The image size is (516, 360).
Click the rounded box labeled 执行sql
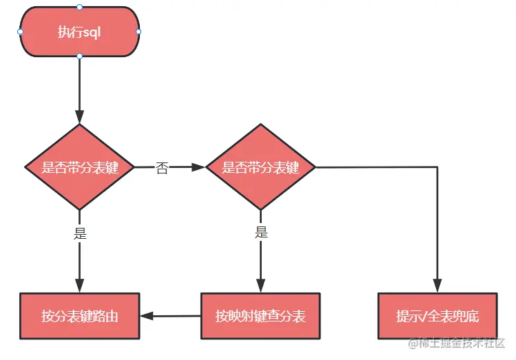(79, 32)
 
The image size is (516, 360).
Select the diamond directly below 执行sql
(79, 167)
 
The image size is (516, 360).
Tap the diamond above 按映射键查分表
(261, 167)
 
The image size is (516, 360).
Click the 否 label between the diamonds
(162, 168)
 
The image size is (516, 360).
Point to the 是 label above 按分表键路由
(80, 233)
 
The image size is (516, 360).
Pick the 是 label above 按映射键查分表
(261, 233)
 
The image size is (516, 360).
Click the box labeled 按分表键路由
(79, 317)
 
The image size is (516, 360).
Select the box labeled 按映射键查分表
(260, 317)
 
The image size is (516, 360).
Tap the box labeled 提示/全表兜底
(437, 317)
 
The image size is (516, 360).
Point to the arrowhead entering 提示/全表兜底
(437, 286)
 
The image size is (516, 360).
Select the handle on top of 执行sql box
(79, 7)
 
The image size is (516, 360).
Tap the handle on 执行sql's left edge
(20, 32)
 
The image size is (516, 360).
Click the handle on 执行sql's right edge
(138, 32)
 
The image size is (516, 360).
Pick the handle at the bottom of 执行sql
(79, 56)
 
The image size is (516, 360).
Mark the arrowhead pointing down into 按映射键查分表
(261, 286)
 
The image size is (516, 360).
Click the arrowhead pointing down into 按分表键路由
(79, 286)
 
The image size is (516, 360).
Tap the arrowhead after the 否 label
(200, 167)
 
